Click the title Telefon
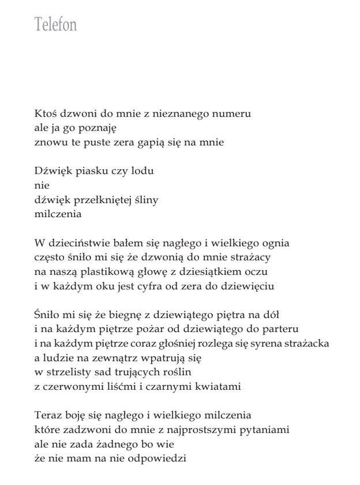(55, 25)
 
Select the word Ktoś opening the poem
(46, 114)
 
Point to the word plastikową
(107, 271)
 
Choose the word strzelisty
(70, 372)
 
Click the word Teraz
(48, 415)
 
